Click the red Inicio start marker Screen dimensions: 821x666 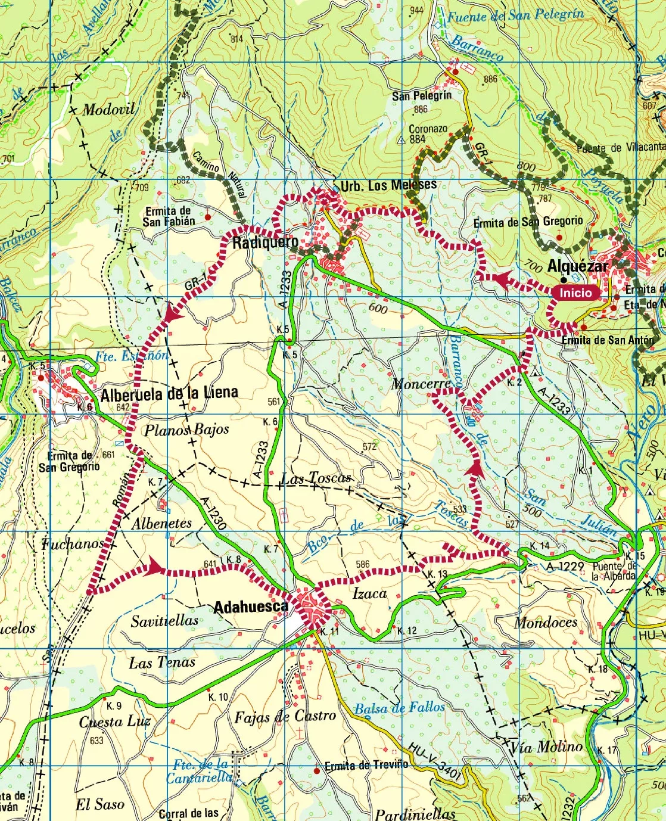pyautogui.click(x=575, y=293)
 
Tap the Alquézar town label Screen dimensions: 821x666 pyautogui.click(x=578, y=266)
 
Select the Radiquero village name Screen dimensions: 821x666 pyautogui.click(x=265, y=242)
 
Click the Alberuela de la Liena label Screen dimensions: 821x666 pyautogui.click(x=169, y=394)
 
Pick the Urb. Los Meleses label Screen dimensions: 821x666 pyautogui.click(x=388, y=186)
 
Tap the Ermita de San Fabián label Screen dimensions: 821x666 pyautogui.click(x=169, y=216)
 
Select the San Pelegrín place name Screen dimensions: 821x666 pyautogui.click(x=422, y=96)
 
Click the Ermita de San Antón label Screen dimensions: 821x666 pyautogui.click(x=608, y=340)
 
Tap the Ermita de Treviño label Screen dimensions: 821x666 pyautogui.click(x=366, y=766)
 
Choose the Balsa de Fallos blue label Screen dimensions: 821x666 pyautogui.click(x=399, y=708)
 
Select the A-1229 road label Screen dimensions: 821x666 pyautogui.click(x=565, y=565)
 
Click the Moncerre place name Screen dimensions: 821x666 pyautogui.click(x=421, y=384)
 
